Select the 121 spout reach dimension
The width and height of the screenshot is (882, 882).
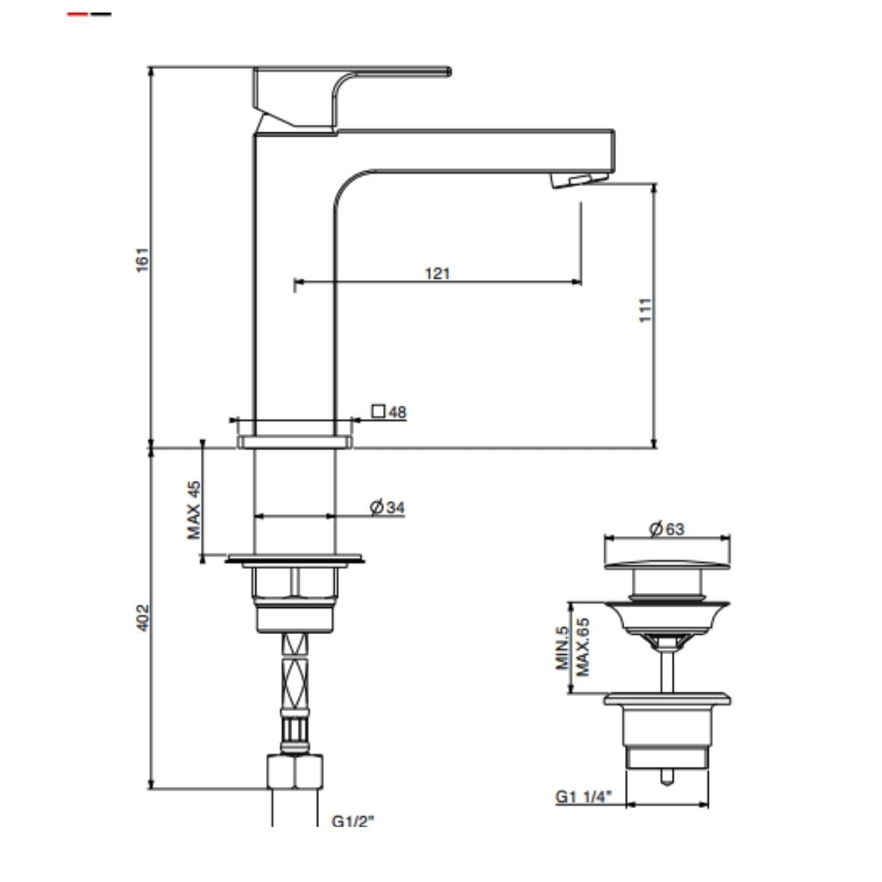438,273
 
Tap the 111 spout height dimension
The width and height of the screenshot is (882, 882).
646,310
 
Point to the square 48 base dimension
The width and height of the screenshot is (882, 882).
389,412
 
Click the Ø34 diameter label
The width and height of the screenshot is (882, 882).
388,508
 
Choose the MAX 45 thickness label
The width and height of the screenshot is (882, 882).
193,509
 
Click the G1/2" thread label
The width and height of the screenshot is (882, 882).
353,822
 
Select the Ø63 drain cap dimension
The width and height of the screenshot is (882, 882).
666,529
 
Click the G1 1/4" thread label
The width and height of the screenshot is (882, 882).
583,797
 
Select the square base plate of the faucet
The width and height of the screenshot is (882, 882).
294,442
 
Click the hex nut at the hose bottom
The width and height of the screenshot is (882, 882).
295,771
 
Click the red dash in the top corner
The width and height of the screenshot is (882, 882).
78,14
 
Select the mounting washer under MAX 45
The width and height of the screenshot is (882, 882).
294,558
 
